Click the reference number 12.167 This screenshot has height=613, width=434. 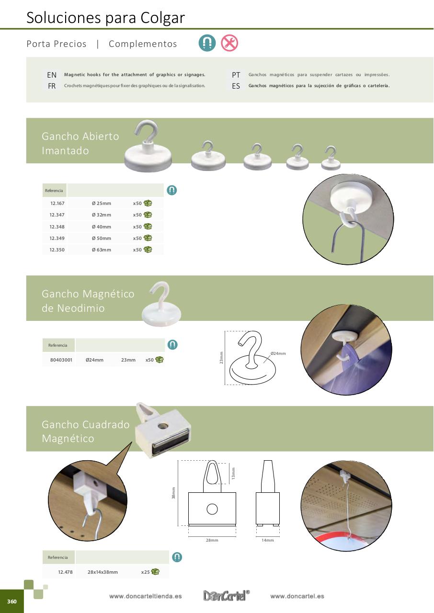click(57, 204)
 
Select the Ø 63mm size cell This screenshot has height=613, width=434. click(102, 250)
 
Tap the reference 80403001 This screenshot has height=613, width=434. click(61, 360)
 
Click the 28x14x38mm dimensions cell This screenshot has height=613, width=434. click(103, 572)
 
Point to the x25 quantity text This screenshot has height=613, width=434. click(145, 572)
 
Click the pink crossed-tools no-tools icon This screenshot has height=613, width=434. click(229, 43)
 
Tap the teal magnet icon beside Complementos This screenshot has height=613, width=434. click(207, 43)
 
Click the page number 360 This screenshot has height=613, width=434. click(12, 601)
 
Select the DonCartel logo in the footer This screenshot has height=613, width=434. click(226, 595)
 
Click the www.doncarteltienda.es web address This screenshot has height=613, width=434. click(145, 596)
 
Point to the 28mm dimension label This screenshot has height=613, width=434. click(212, 540)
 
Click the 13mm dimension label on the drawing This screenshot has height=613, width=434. click(233, 473)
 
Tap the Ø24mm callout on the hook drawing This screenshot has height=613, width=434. click(278, 353)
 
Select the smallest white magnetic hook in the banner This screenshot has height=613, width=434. click(331, 158)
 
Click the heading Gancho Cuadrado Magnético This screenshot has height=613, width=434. click(86, 431)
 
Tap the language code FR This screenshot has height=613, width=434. click(52, 86)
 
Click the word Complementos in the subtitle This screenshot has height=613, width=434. click(143, 44)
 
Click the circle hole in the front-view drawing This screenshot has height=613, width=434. click(212, 509)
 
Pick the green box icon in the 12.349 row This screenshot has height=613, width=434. click(148, 238)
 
